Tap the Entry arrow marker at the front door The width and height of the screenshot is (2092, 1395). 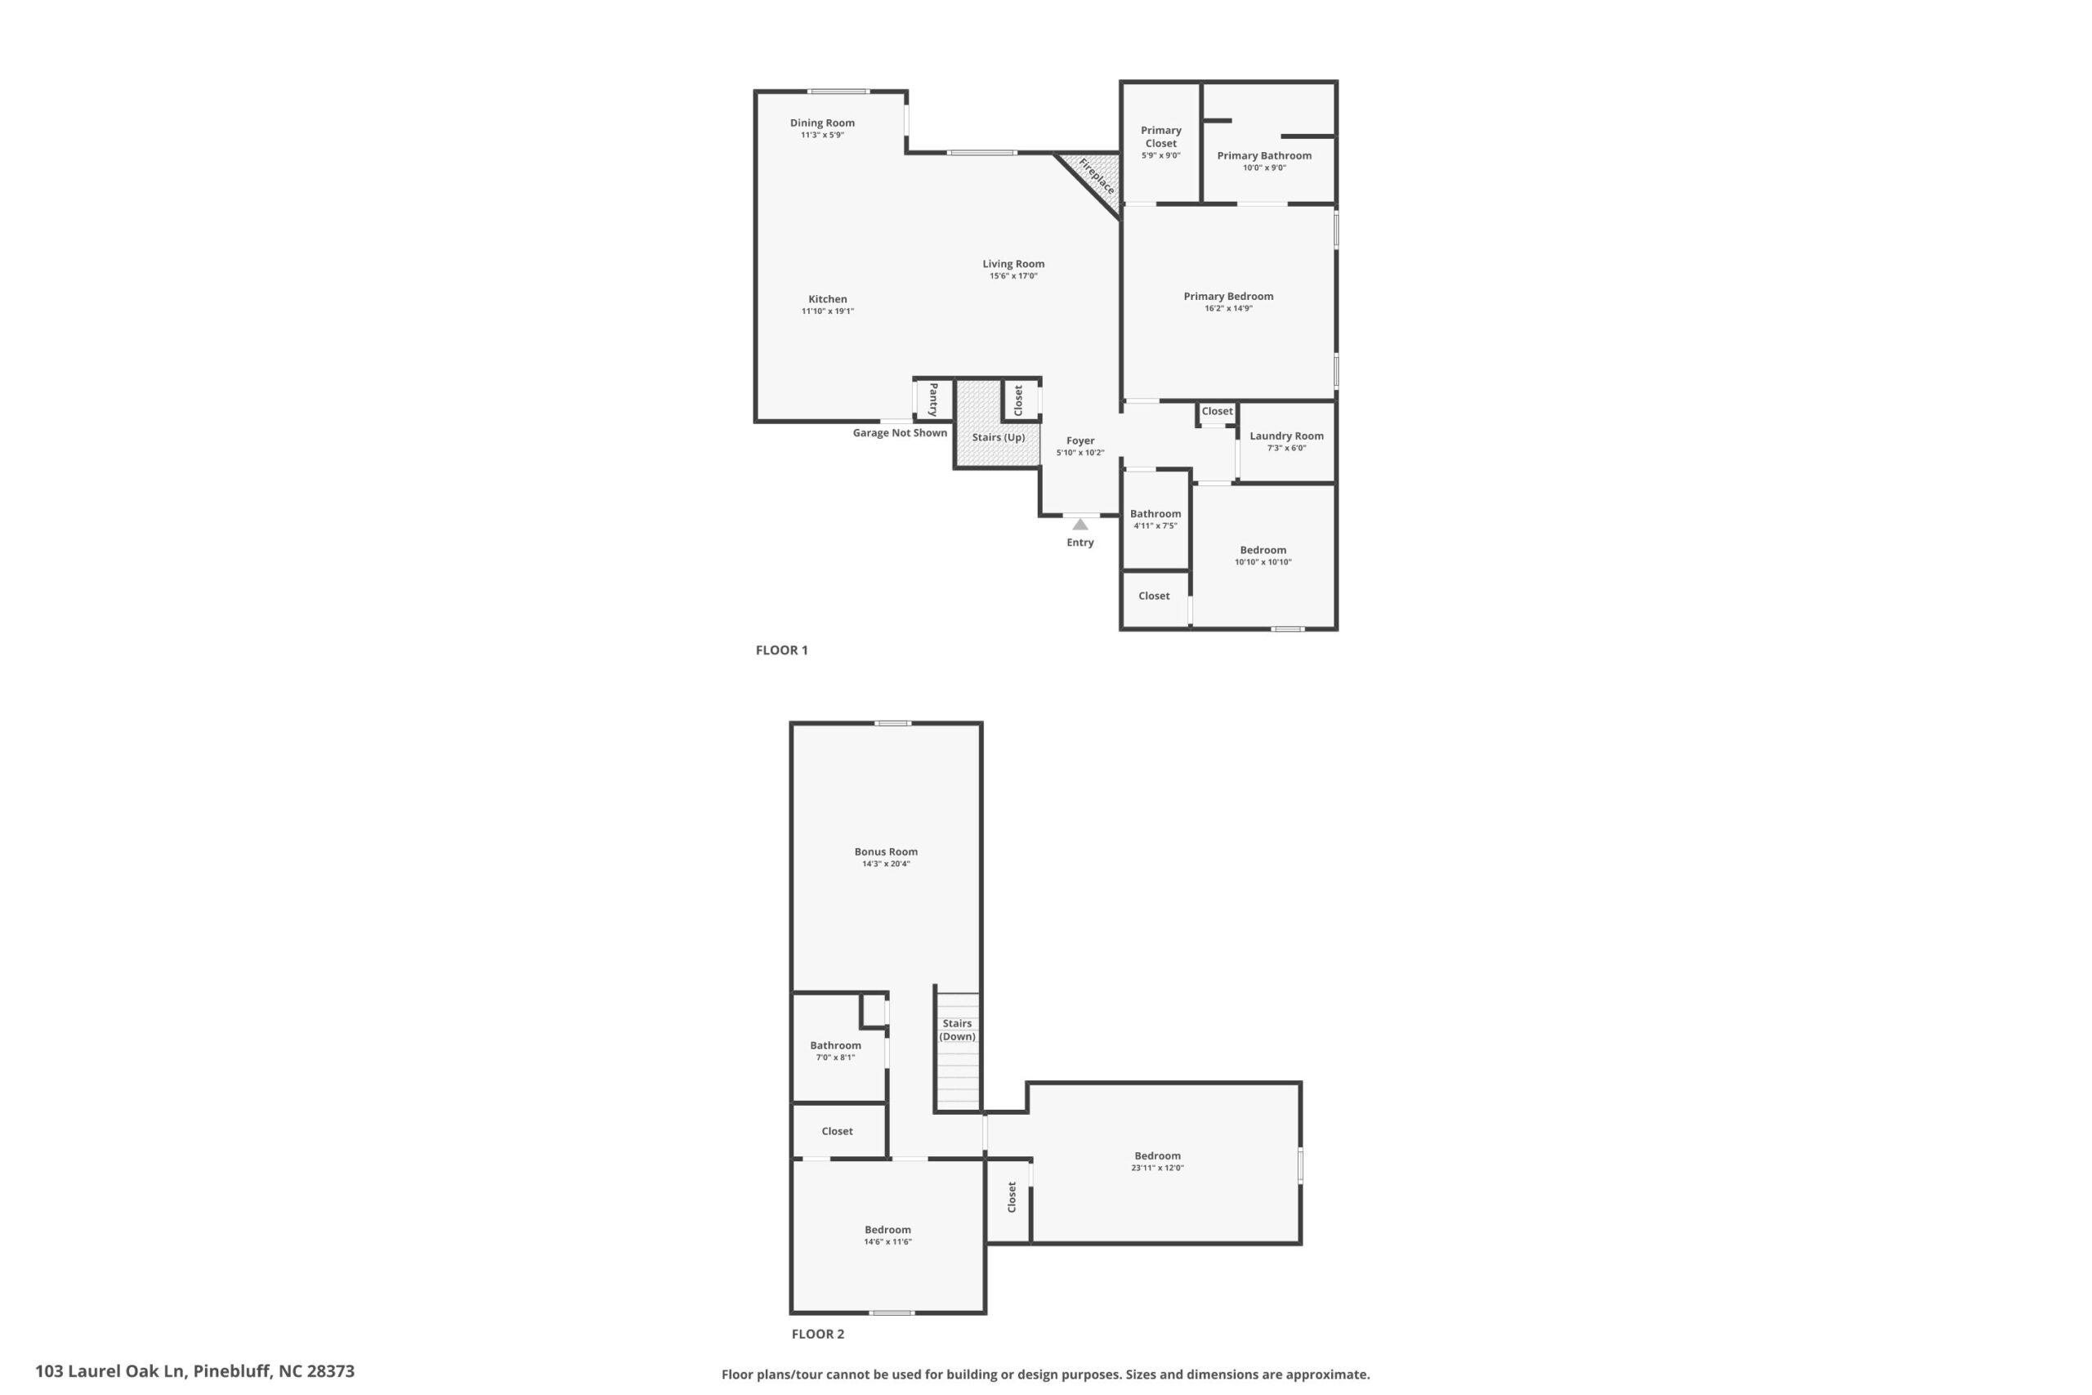click(1080, 524)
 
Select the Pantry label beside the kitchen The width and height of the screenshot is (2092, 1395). click(933, 400)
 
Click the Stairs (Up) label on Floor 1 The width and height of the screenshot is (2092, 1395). click(998, 438)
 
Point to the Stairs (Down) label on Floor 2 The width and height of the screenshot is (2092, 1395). click(957, 1031)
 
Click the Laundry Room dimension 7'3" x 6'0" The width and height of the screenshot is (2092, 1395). click(1286, 449)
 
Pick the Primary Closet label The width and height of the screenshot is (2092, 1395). click(1160, 137)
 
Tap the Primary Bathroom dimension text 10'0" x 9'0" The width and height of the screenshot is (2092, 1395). click(1264, 168)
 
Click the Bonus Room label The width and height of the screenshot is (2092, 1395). click(886, 852)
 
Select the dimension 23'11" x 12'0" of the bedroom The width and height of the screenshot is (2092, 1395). click(1157, 1168)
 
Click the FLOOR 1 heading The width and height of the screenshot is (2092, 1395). click(782, 651)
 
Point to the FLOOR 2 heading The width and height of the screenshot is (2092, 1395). click(818, 1334)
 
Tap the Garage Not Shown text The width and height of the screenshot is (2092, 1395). click(900, 433)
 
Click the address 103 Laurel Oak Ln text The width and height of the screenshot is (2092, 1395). click(110, 1371)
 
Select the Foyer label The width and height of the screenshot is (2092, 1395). click(1080, 440)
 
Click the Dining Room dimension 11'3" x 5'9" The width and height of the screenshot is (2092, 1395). click(822, 135)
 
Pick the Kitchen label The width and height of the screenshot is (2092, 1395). click(827, 299)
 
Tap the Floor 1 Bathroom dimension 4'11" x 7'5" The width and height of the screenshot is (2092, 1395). click(1156, 525)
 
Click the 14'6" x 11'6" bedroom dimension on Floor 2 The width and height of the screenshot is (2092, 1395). click(887, 1242)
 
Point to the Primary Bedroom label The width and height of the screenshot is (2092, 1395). click(1228, 297)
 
